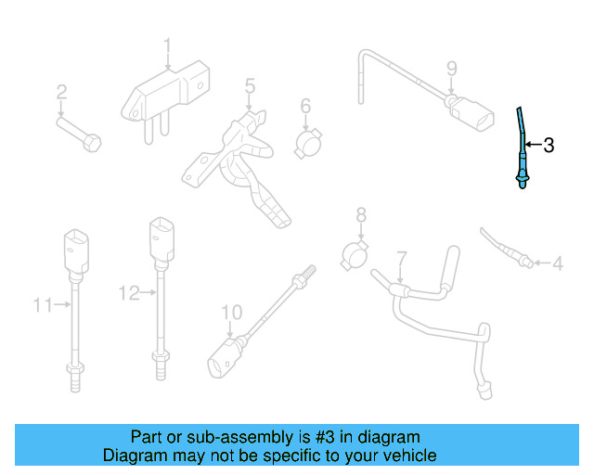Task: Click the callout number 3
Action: point(549,145)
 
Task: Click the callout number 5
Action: point(250,86)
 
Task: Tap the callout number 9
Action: point(452,68)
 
